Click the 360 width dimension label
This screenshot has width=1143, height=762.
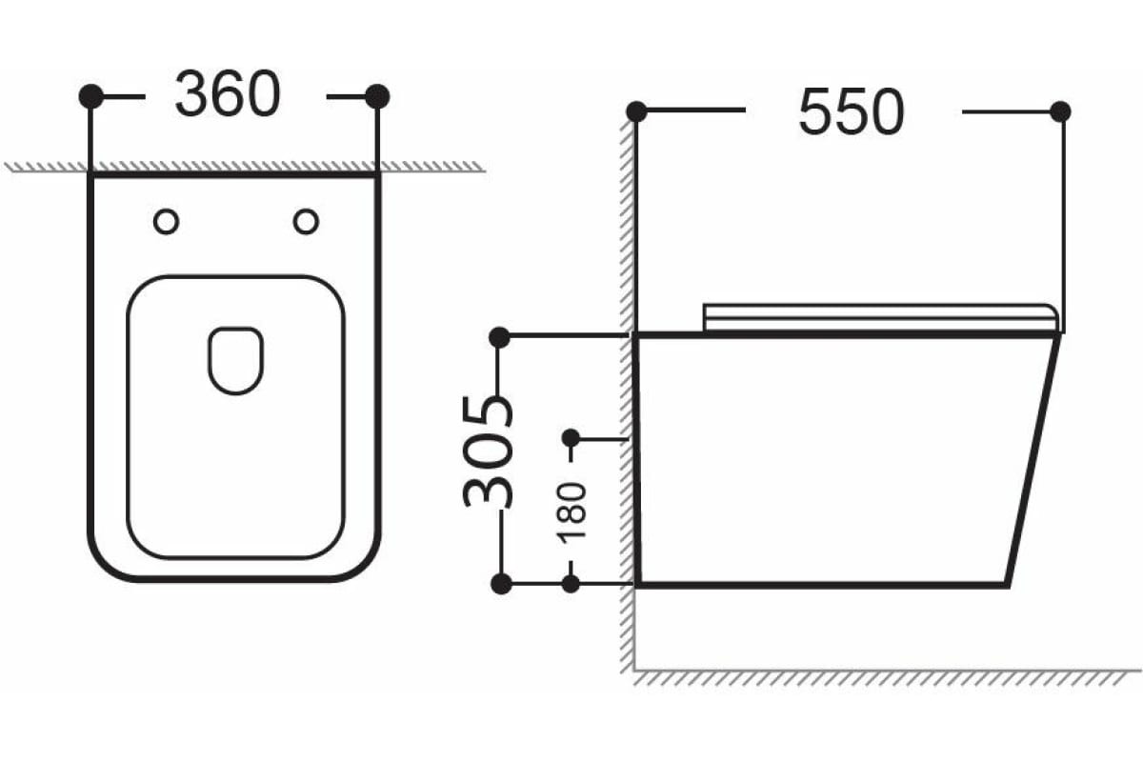(228, 95)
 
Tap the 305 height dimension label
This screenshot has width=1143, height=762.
(489, 451)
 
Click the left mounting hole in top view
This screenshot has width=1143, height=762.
(166, 221)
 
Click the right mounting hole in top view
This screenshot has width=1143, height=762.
(306, 221)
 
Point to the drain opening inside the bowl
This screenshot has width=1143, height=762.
(235, 360)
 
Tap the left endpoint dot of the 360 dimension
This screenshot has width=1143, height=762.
(90, 96)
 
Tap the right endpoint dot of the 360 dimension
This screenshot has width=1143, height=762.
(377, 96)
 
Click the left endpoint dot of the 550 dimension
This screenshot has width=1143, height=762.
(636, 111)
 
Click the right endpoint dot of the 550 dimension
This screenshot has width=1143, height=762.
(1060, 111)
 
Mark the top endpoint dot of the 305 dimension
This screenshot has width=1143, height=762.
(499, 336)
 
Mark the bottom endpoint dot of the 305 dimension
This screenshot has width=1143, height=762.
(499, 584)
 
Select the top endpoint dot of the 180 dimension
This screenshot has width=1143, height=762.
(571, 438)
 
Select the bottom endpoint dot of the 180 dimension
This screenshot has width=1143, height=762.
(571, 584)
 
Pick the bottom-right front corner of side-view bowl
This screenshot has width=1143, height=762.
(1006, 583)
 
